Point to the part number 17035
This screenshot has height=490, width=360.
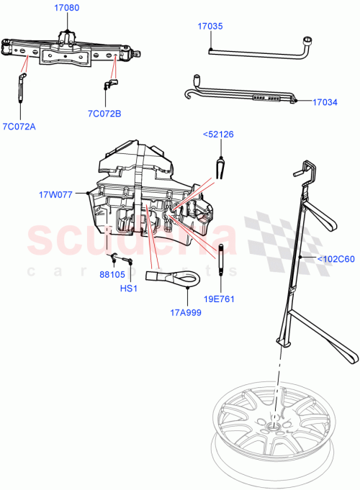point(210,26)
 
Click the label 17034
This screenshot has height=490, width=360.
point(325,102)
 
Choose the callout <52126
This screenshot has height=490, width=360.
point(218,134)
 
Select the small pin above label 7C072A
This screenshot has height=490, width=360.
point(21,89)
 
